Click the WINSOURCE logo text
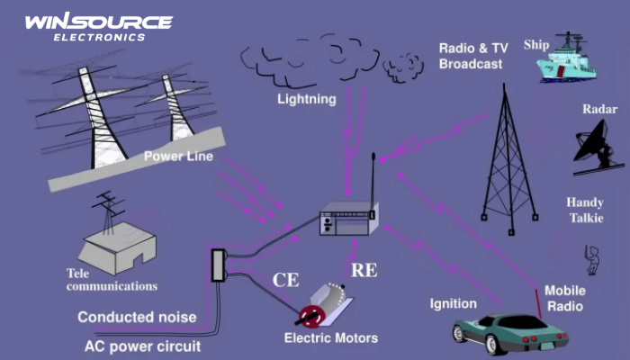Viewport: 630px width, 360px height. point(98,22)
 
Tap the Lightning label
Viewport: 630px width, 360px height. point(306,99)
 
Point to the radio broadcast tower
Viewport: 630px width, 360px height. point(508,162)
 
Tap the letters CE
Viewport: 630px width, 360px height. point(286,280)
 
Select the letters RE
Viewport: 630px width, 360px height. point(364,268)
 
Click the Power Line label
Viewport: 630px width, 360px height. point(178,157)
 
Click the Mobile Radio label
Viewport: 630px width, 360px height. point(564,299)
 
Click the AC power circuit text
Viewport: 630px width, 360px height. point(142,345)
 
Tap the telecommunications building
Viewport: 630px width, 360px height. point(121,243)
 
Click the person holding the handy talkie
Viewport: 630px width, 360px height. point(591,258)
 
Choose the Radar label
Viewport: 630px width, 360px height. point(598,109)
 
